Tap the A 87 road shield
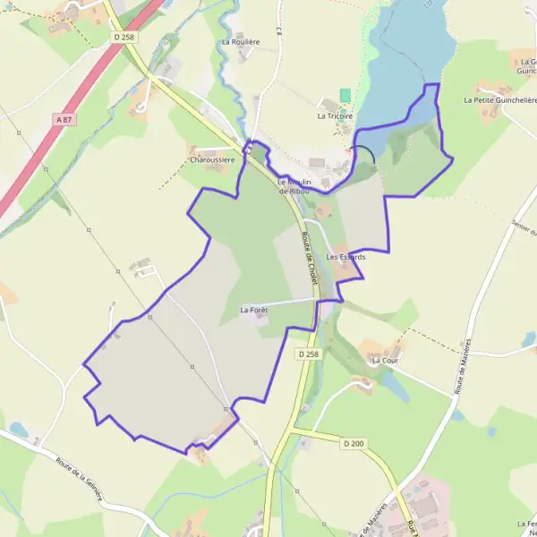pos(63,118)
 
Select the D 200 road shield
pos(354,443)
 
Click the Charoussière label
pos(212,160)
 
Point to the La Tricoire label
pos(336,116)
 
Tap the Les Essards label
pos(346,257)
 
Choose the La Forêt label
pos(255,310)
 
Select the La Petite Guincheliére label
pos(499,101)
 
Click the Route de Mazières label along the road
pos(464,367)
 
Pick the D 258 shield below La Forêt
pos(307,354)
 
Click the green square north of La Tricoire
pos(345,95)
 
